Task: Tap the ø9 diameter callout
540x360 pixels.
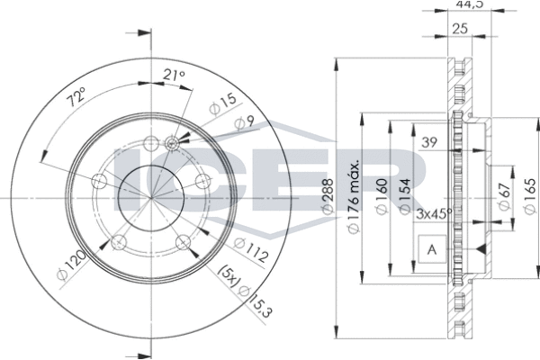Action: (238, 122)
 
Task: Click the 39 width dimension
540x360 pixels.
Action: (431, 142)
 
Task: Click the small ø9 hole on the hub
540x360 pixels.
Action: (174, 140)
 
